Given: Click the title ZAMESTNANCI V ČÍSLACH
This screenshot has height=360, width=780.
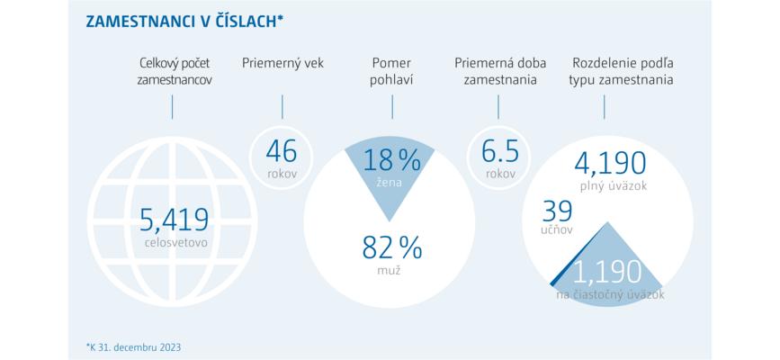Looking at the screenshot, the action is coord(184,22).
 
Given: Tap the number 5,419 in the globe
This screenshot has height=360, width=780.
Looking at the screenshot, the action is coord(173,221).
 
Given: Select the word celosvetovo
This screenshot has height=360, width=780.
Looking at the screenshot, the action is coord(175,243).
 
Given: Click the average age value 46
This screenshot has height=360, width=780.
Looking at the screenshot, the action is coord(281,151).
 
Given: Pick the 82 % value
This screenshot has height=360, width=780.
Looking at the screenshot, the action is coord(392,247).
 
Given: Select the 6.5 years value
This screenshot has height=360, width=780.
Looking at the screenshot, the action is coord(500,151).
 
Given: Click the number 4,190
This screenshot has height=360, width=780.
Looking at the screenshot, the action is coord(610,163).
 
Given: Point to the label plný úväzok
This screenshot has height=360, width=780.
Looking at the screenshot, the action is coord(613,186).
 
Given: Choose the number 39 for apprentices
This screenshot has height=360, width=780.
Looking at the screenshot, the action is coord(557,211).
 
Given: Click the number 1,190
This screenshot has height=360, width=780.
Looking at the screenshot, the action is coord(607,272).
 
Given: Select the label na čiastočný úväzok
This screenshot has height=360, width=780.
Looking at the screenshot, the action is coord(610,295).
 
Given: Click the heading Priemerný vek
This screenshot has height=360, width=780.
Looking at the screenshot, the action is coord(282,64).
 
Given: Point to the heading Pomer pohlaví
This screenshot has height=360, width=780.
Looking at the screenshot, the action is coord(391,71).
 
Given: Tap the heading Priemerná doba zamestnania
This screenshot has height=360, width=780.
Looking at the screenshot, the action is coord(500,71).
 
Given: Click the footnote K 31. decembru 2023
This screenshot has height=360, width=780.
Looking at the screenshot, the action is coord(133,346).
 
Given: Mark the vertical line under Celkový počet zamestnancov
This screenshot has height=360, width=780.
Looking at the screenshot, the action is coord(172,107).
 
